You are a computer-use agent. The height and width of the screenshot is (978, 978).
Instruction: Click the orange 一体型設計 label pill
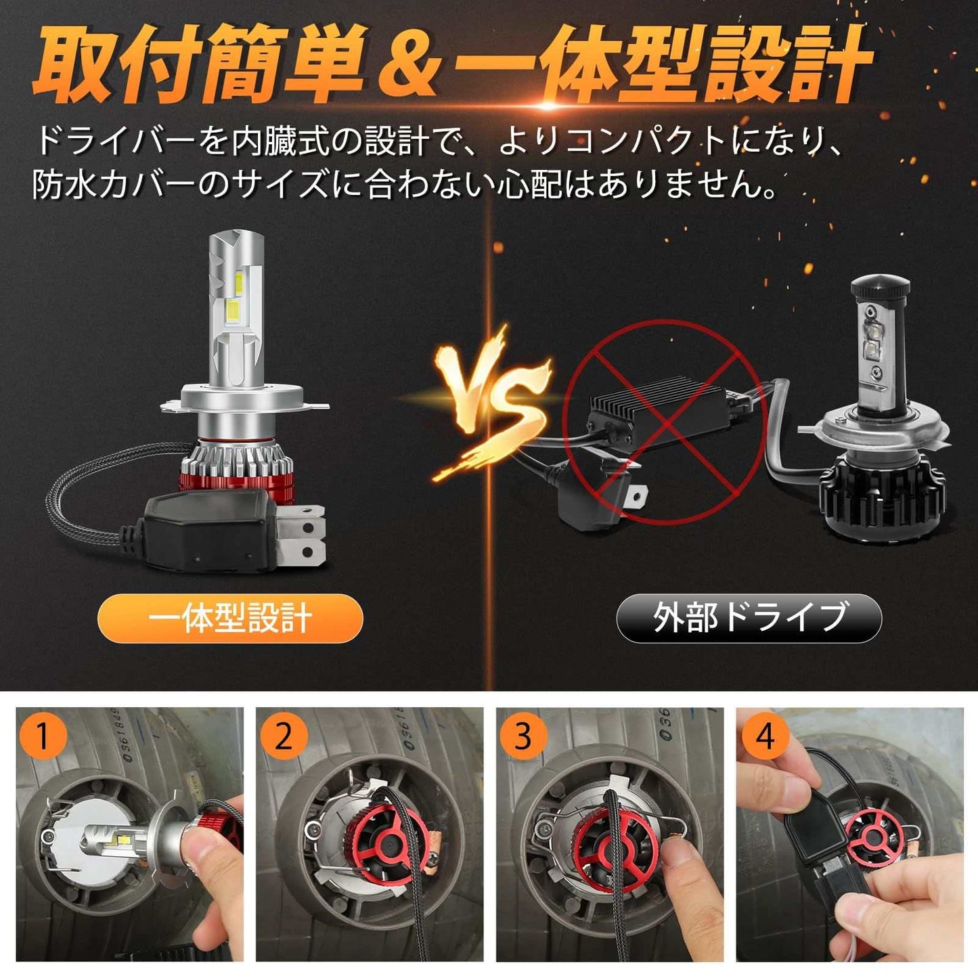click(230, 618)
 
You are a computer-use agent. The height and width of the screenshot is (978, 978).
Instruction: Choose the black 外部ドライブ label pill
click(749, 618)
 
